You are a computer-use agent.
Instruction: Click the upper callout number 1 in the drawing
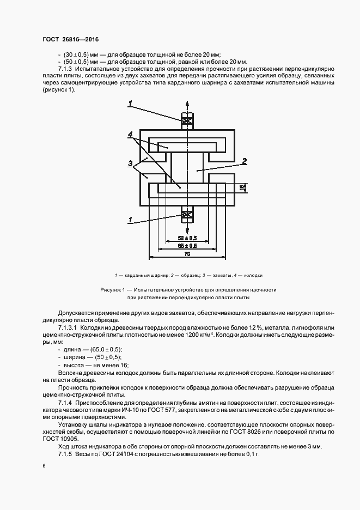click(131, 103)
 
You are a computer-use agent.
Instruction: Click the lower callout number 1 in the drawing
click(131, 220)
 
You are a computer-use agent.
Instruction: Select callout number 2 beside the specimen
click(245, 161)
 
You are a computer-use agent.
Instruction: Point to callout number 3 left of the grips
click(131, 163)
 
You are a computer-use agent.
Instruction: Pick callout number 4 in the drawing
click(131, 133)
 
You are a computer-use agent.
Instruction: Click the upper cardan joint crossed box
click(187, 121)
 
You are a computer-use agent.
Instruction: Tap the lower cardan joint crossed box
click(187, 216)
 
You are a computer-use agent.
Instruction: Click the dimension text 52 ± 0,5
click(187, 238)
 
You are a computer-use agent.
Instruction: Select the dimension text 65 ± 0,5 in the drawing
click(187, 246)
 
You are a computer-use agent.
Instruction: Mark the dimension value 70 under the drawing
click(187, 254)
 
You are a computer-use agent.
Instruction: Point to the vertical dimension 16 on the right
click(243, 187)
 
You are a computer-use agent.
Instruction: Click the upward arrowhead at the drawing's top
click(187, 104)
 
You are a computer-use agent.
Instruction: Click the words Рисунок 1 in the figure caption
click(113, 290)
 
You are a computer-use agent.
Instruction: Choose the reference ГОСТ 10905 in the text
click(60, 438)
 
